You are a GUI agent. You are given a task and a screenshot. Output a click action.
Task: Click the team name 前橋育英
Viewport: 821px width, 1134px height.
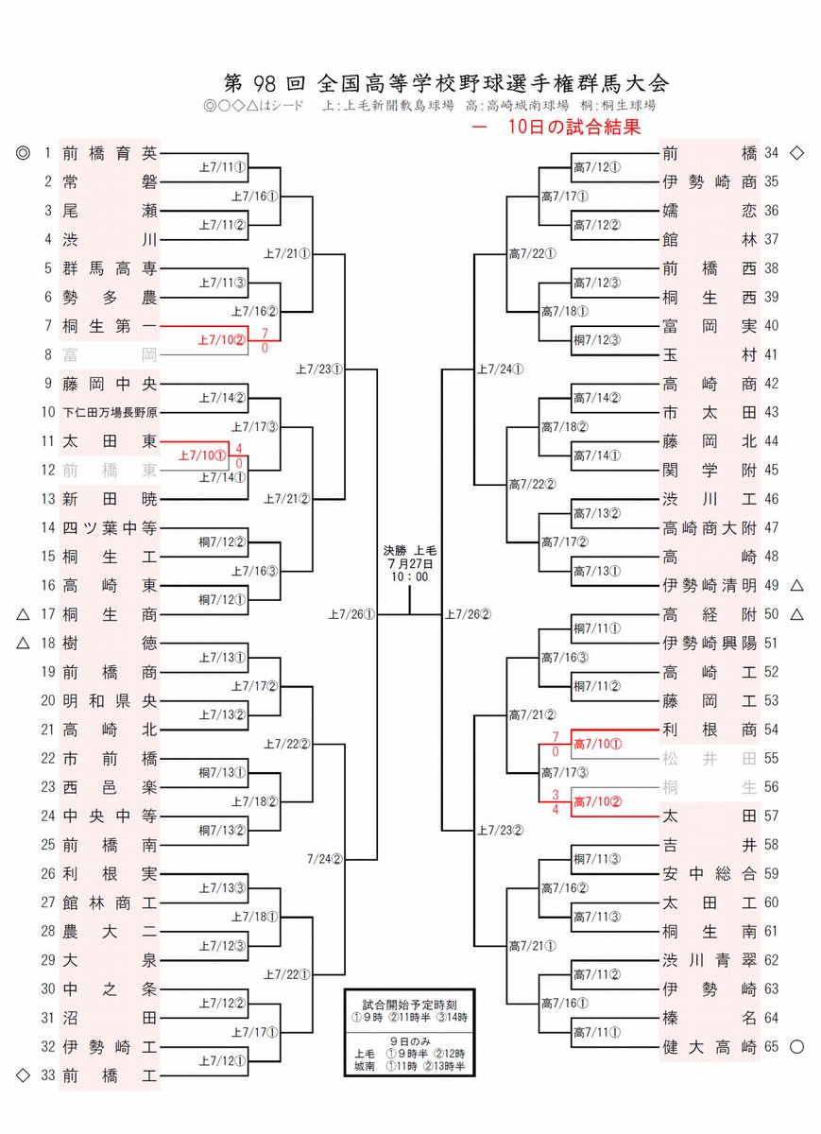click(x=109, y=152)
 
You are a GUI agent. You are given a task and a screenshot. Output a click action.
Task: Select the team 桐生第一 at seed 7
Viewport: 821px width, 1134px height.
click(x=109, y=326)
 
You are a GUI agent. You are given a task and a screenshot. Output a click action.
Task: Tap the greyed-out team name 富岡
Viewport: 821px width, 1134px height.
click(x=109, y=355)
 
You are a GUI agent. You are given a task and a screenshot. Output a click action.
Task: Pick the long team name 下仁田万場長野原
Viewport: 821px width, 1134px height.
click(x=110, y=413)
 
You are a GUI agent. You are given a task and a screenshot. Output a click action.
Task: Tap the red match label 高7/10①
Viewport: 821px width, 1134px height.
click(x=598, y=745)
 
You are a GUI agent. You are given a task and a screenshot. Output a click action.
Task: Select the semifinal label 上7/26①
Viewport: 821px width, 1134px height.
click(x=351, y=615)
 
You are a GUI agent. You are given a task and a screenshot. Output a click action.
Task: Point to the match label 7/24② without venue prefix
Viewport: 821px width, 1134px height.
click(x=323, y=860)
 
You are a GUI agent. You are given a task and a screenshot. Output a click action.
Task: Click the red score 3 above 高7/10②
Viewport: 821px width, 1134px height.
click(x=556, y=795)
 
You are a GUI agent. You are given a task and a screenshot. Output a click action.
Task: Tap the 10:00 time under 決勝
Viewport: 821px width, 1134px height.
click(x=409, y=576)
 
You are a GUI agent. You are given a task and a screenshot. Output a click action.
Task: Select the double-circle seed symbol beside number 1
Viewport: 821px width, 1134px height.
click(x=24, y=152)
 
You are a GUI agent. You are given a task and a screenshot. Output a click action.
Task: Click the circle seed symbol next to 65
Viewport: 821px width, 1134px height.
click(x=796, y=1047)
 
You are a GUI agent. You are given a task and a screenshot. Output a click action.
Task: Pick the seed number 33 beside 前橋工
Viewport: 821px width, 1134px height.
click(x=47, y=1075)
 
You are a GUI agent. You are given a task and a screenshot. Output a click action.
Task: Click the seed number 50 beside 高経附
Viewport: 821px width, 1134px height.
click(x=771, y=614)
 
